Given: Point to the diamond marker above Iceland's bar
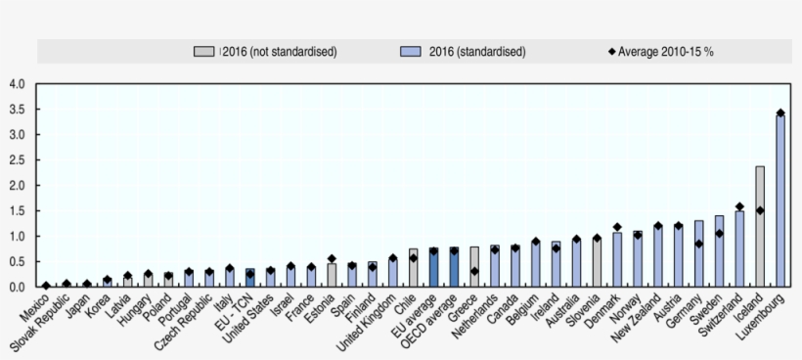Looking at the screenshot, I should point(759,210).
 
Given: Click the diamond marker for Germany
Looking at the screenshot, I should point(698,245).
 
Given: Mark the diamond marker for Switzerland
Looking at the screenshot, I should point(738,206).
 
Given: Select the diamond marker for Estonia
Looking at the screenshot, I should point(332,259).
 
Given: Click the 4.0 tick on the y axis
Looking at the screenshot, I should point(17,84).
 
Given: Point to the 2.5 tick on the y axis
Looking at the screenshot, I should point(17,160).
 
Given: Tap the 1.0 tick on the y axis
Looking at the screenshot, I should point(17,237).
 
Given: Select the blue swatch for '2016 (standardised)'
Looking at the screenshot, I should point(411,52).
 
